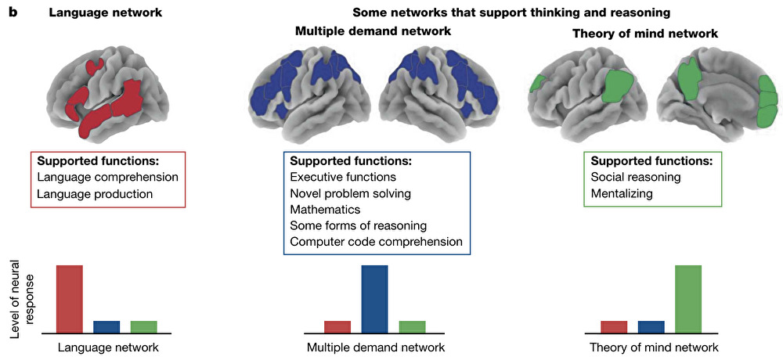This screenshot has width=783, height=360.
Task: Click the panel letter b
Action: click(x=13, y=13)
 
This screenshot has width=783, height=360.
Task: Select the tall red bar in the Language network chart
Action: click(x=70, y=298)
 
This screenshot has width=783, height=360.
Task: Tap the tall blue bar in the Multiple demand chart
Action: click(x=374, y=298)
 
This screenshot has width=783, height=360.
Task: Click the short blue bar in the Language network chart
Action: click(x=107, y=326)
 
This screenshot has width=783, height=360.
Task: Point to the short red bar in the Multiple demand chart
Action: click(x=337, y=326)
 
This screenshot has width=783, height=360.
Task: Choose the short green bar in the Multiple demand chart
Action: click(x=412, y=326)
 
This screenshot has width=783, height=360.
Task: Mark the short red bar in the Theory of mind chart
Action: click(x=614, y=326)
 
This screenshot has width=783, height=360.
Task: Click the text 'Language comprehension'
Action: click(x=107, y=177)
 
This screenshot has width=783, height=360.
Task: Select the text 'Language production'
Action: click(x=95, y=193)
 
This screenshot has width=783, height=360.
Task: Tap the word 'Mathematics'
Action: click(x=325, y=210)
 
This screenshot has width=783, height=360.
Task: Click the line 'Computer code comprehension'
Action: click(x=376, y=242)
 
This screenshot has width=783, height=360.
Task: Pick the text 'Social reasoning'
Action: click(x=637, y=177)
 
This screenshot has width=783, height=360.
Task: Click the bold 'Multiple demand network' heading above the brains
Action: click(x=373, y=32)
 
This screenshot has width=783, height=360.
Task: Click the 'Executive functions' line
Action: click(x=343, y=178)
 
